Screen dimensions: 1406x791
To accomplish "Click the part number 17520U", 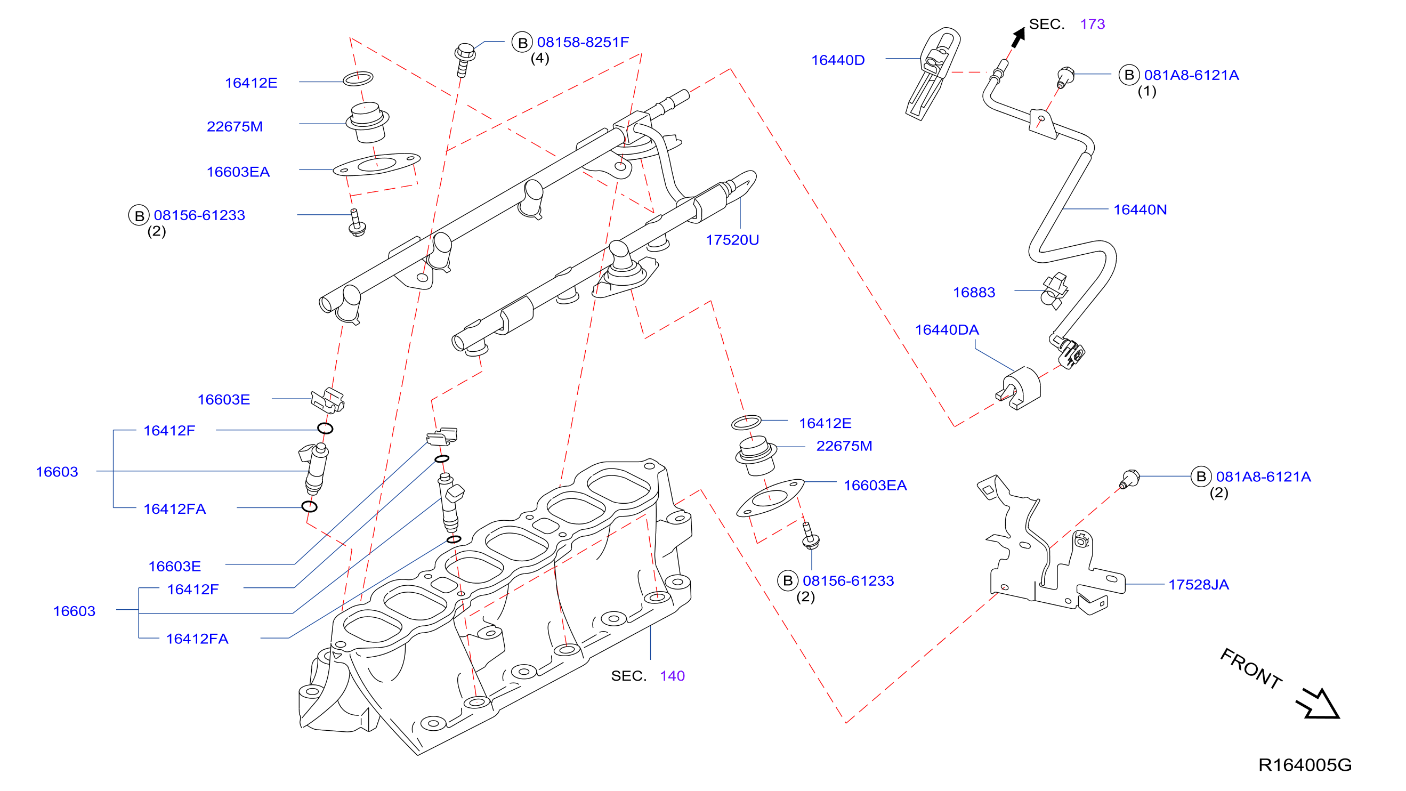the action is coord(732,240).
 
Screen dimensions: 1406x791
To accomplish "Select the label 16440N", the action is coord(1140,209).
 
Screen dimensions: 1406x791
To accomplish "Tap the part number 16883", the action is coord(974,293).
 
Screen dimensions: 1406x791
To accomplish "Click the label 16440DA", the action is coord(947,330).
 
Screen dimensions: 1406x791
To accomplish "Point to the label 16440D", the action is coord(838,60).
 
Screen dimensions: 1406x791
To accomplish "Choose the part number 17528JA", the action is coord(1198,585).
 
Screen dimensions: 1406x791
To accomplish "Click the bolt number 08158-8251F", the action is coord(583,42).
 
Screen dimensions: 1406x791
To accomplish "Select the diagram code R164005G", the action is coord(1305,765).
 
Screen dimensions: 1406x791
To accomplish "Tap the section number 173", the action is coord(1092,24).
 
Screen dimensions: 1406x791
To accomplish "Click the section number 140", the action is coord(672,676).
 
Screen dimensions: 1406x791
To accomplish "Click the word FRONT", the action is coord(1250,669).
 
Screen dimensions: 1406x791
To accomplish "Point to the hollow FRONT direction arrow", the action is coord(1318,704).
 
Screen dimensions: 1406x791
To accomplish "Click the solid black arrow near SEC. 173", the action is coord(1018,38).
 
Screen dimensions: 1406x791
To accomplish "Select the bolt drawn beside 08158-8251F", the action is coord(464,60).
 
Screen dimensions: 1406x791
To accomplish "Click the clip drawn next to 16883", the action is coord(1054,291).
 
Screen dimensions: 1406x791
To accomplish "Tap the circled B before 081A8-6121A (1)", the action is coord(1129,75).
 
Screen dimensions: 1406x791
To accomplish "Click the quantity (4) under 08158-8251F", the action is coord(540,58).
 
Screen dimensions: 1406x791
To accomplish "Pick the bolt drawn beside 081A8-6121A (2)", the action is coord(1129,479).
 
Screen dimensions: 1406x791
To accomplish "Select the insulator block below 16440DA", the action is coord(1020,388).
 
